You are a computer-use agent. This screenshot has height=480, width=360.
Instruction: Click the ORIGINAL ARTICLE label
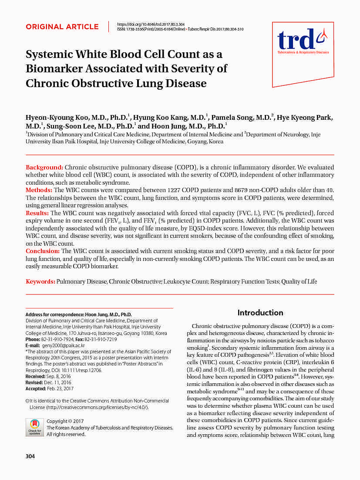tap(62, 27)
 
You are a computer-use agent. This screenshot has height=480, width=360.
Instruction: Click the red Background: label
tap(45, 168)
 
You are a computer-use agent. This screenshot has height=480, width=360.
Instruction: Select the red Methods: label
tap(39, 190)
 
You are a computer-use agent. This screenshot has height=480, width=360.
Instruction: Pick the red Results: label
tap(37, 213)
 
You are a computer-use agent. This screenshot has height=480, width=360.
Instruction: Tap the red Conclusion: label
tap(43, 251)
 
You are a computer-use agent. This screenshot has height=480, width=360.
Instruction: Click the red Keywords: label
tap(40, 281)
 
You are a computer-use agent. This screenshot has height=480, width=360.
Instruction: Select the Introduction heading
tap(260, 312)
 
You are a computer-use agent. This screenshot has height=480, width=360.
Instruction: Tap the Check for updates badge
tap(34, 427)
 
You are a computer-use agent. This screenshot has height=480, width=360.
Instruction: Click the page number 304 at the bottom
tap(30, 456)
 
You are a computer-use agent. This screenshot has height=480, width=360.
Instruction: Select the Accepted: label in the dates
tap(36, 389)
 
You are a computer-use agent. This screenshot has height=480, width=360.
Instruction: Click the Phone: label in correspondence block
tap(33, 339)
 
